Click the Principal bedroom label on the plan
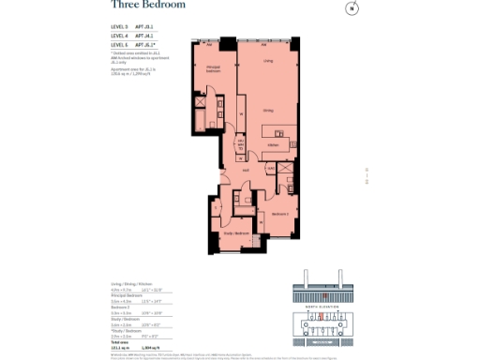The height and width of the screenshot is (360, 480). coord(214,69)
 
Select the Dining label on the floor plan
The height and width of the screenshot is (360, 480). coord(268,111)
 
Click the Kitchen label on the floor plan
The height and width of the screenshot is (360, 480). coord(273,145)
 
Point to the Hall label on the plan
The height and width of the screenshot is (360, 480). coord(245,170)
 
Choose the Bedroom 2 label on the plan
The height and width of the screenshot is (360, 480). coord(279,215)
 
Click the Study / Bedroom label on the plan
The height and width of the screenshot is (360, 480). coord(235,232)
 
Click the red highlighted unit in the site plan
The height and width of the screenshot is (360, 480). coord(321,319)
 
